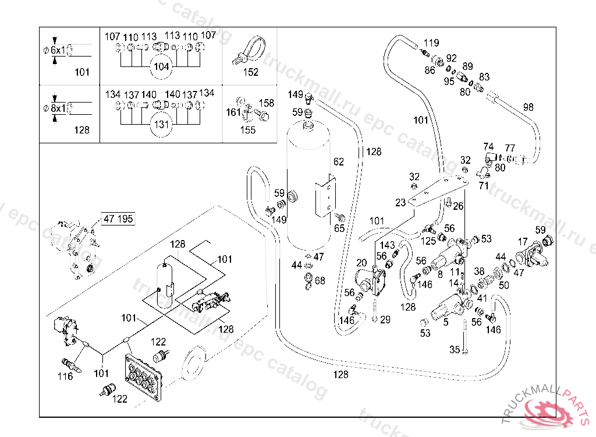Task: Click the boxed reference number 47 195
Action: (x=118, y=219)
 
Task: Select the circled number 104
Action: (x=161, y=66)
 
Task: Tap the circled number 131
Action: (x=161, y=124)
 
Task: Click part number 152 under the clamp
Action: (x=250, y=72)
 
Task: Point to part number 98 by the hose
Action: (x=528, y=107)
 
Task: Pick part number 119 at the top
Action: (x=431, y=43)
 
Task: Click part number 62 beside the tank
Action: (x=339, y=161)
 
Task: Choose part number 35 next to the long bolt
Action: (x=455, y=350)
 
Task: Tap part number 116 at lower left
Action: (x=65, y=376)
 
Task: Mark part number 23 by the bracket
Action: (x=400, y=203)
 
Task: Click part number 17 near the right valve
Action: (x=523, y=241)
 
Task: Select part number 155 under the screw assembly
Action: (x=248, y=130)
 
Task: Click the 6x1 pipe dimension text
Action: (x=58, y=50)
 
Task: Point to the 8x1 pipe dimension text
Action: (x=58, y=108)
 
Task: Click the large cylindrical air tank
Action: (x=309, y=186)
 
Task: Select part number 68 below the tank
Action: (x=320, y=281)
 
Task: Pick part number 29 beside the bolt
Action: (x=385, y=319)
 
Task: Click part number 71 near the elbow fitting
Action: (x=484, y=185)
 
